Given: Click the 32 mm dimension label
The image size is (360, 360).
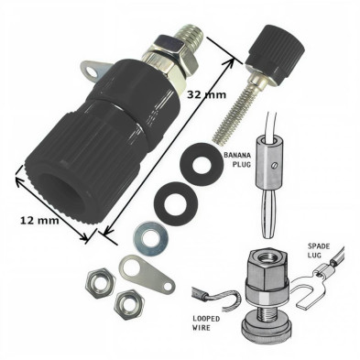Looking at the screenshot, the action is (206, 94).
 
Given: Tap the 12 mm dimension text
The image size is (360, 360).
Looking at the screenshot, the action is (39, 220).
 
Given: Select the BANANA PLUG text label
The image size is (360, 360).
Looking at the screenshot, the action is (237, 159).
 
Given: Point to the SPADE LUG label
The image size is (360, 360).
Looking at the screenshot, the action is (319, 250).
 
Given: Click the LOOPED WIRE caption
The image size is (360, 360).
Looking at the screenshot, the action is (206, 323).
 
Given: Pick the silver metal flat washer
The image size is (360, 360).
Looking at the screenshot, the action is (150, 239).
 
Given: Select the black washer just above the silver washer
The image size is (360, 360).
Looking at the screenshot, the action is (175, 203).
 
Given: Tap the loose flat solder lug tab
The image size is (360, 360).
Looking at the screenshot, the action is (147, 273).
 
